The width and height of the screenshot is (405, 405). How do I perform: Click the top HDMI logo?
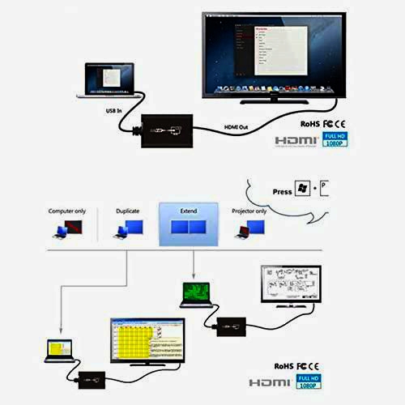click(x=295, y=140)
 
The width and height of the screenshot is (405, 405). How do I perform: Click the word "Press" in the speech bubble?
click(x=283, y=192)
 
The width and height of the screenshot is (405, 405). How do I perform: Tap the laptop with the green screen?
click(x=194, y=293)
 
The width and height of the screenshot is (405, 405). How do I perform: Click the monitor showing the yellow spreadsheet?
click(x=147, y=341)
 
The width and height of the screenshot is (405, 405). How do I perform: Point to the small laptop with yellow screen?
click(x=60, y=348)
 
